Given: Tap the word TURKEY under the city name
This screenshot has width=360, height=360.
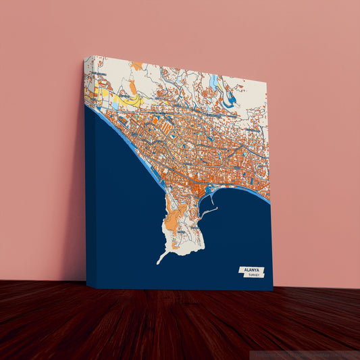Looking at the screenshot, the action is pos(254,276).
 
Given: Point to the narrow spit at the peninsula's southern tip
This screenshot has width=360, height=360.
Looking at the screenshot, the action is pos(162,257).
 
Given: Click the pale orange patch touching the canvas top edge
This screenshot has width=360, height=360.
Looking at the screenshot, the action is pos(137,66).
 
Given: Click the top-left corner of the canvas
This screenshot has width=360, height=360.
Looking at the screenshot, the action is pos(93,56).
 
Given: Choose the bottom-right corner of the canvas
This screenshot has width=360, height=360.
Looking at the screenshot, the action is pos(273,290).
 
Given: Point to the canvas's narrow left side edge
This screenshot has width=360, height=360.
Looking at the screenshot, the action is pos(89,176).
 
